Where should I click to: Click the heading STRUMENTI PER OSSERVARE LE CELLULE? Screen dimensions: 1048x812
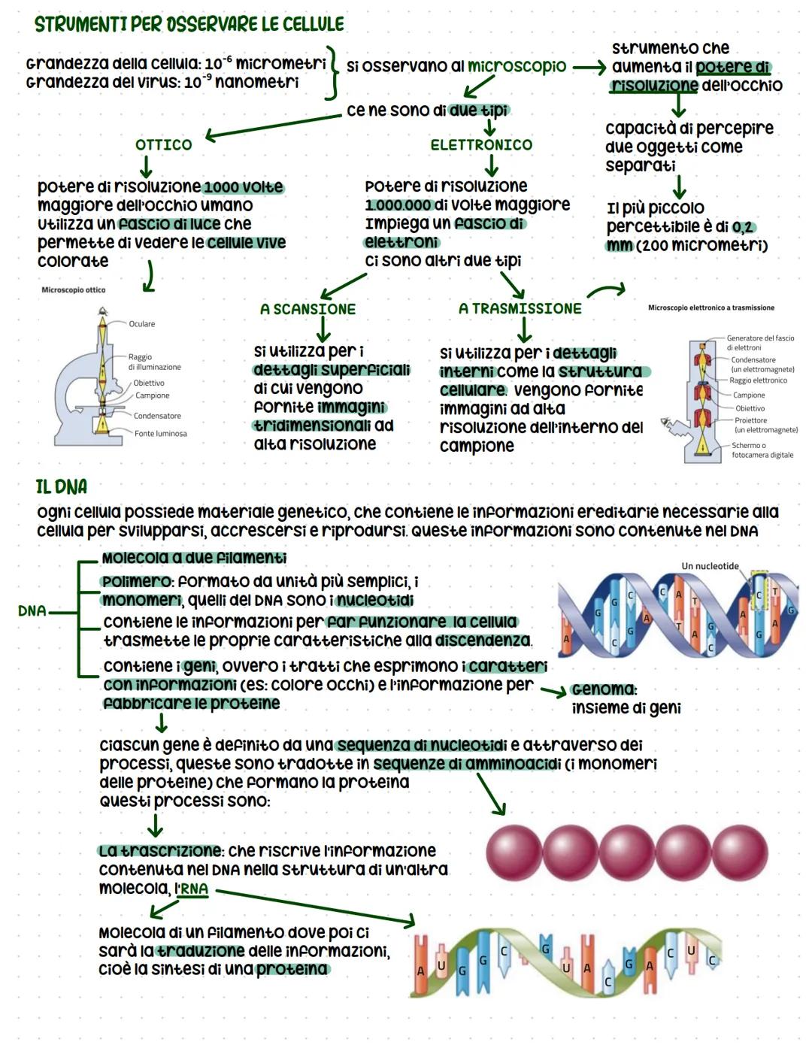point(189,24)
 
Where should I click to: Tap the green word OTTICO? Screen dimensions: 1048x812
point(163,144)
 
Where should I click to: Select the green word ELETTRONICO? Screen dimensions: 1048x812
point(481,144)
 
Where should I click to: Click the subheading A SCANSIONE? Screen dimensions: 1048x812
point(308,309)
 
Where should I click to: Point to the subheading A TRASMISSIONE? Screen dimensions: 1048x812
point(520,308)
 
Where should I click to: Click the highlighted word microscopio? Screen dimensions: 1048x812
point(517,66)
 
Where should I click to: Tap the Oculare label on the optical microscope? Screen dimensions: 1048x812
point(141,324)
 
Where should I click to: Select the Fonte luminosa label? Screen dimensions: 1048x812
point(160,434)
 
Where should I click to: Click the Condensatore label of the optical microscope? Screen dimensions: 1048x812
point(157,416)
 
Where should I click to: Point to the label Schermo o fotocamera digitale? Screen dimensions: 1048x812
point(762,450)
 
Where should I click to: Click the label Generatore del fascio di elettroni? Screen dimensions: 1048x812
point(759,343)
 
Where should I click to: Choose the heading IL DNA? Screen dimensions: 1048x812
point(61,486)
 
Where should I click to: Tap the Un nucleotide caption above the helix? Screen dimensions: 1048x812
point(710,566)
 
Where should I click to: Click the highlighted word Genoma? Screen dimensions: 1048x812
point(603,689)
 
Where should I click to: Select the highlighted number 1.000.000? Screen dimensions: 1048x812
point(398,204)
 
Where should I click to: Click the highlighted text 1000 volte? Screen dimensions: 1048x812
point(243,186)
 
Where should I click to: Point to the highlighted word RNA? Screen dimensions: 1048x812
point(193,889)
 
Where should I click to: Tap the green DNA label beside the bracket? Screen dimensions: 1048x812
point(32,610)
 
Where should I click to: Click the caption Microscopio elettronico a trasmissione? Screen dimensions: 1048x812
point(710,307)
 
